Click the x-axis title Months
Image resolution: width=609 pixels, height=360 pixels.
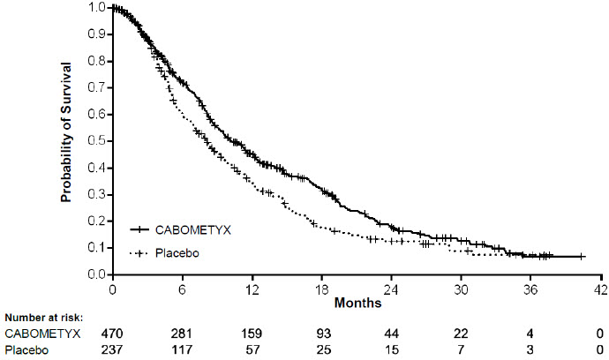click(357, 303)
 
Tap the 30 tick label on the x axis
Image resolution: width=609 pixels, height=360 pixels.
click(462, 289)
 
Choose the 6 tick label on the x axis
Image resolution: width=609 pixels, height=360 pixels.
click(183, 289)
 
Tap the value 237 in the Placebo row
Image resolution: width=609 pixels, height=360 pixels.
click(113, 351)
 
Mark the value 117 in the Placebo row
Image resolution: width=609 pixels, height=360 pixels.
click(183, 351)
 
